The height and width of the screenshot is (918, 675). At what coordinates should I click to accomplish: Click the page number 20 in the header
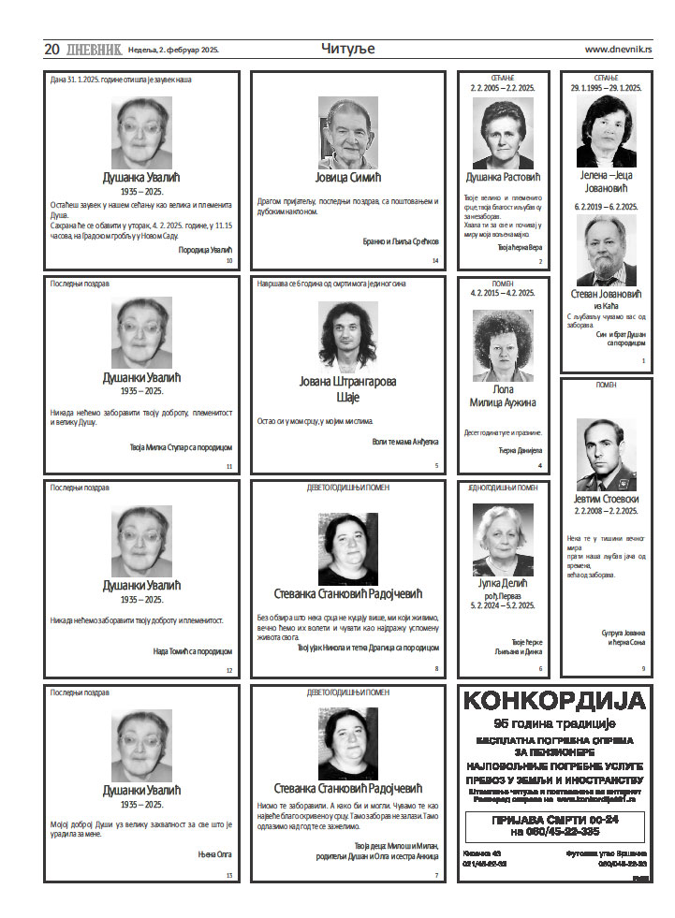51,49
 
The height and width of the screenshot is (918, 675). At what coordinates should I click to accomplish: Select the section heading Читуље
347,49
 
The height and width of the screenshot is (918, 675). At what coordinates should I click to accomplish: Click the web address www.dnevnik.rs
618,50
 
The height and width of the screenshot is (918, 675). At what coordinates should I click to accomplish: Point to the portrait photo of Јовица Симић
347,132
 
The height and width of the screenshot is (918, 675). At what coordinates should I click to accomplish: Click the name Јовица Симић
347,177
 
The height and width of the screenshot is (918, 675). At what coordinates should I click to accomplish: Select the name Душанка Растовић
504,177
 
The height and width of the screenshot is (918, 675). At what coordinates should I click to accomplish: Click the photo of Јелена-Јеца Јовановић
606,131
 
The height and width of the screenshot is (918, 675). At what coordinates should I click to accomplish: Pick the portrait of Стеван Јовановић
606,250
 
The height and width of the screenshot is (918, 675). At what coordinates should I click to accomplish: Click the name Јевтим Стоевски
606,498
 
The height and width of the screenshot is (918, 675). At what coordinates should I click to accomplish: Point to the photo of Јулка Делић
503,539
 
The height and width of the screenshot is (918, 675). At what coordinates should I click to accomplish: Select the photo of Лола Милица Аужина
503,345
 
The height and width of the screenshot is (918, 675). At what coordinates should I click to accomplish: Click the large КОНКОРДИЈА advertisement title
554,701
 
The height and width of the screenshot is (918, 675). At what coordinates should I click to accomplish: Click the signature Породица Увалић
204,250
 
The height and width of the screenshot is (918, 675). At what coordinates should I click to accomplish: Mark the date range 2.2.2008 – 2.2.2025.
606,511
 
